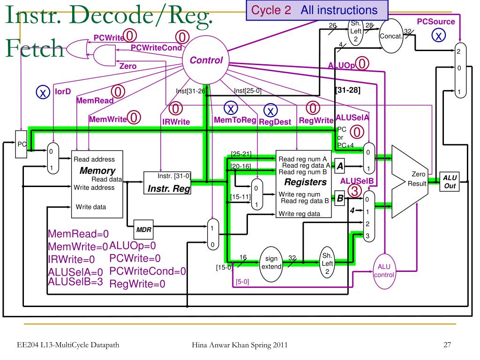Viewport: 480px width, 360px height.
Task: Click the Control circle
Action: [206, 61]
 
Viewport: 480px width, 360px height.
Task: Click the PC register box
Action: [22, 144]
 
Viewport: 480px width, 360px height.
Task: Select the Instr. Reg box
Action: [167, 183]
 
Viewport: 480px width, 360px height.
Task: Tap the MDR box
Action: [143, 230]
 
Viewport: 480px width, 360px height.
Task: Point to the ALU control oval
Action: [384, 271]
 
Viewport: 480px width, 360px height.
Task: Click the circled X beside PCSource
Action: [438, 36]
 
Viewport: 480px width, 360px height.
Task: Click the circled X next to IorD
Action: [43, 93]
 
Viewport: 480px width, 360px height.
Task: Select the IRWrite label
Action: [176, 122]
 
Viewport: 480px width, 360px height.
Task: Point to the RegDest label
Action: [275, 122]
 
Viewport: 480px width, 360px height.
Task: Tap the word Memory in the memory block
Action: [97, 171]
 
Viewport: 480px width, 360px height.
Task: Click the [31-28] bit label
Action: [347, 90]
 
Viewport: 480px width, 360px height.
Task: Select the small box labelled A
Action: [340, 165]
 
